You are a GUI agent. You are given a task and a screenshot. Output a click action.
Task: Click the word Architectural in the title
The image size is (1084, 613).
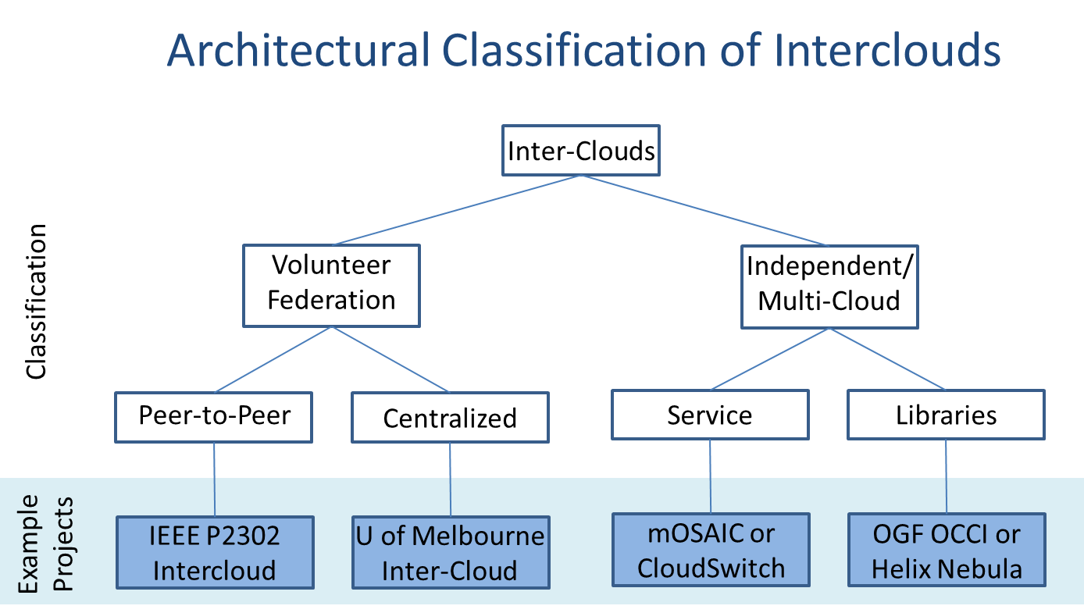point(298,52)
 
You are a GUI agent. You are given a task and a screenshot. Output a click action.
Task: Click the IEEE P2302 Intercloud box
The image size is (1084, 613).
point(215,552)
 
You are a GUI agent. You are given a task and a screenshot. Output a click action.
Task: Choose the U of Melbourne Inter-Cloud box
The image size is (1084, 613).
point(450,552)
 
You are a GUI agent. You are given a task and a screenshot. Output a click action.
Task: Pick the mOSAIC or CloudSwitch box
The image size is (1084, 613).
point(711,550)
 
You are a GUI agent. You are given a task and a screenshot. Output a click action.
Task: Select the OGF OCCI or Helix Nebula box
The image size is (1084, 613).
point(947,550)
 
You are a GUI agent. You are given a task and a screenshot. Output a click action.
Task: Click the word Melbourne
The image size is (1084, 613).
point(478,536)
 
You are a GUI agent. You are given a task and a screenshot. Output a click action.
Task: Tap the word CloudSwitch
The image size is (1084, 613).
point(711,568)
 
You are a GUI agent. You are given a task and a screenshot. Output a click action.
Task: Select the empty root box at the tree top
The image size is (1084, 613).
point(581,150)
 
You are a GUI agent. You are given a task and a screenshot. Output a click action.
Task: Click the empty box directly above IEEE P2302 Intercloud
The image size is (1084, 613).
point(214,417)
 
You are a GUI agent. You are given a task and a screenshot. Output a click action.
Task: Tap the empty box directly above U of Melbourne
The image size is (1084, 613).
point(450,417)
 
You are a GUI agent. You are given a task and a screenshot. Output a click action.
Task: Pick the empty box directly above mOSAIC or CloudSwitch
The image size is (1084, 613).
point(710,415)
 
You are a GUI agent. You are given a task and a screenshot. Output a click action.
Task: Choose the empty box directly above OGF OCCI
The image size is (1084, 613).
point(946,415)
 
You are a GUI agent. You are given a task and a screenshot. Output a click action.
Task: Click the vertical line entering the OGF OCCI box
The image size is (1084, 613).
point(947,476)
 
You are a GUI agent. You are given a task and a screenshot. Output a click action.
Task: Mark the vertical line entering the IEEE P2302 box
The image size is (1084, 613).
point(215,479)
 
